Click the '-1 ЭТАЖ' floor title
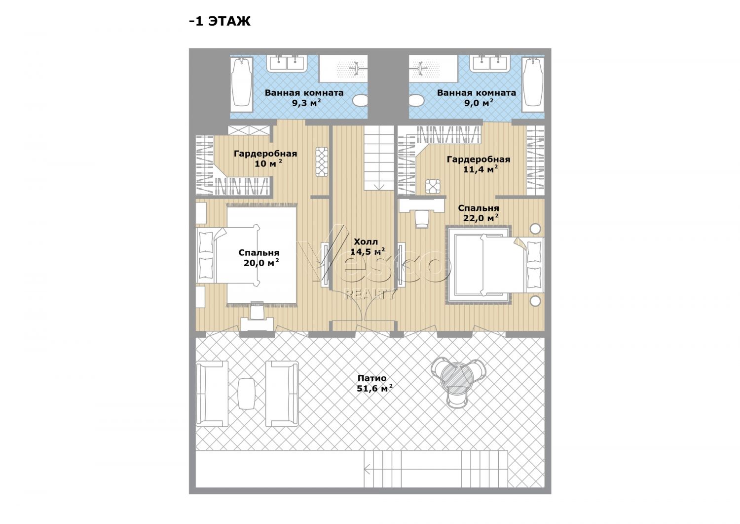click(x=220, y=21)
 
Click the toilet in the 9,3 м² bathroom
click(x=360, y=100)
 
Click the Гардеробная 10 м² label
click(x=265, y=159)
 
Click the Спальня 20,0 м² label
click(x=259, y=258)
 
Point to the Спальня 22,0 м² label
click(x=479, y=213)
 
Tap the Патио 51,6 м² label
click(x=374, y=383)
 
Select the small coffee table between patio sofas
click(x=247, y=393)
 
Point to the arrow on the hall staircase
click(x=379, y=187)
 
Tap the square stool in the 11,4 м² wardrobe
click(x=433, y=186)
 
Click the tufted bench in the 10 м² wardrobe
click(x=322, y=162)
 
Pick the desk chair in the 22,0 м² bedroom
click(x=422, y=219)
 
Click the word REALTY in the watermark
click(x=370, y=294)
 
